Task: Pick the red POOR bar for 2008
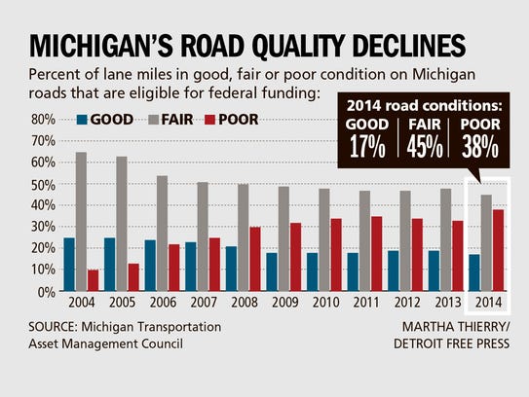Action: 255,259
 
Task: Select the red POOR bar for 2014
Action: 499,250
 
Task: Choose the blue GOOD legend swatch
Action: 83,121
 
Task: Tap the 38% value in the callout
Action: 479,148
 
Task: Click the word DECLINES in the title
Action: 392,45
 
